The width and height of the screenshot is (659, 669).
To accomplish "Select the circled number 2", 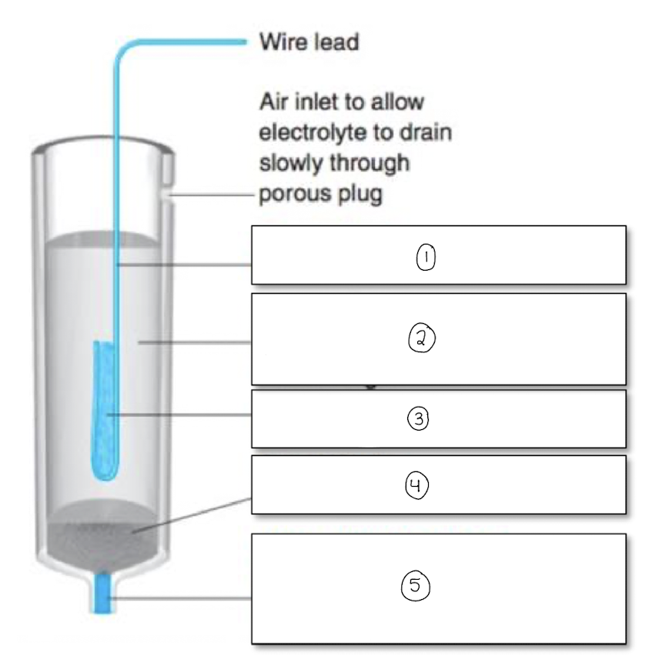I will click(422, 338).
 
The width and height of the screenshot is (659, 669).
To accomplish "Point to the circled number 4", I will click(416, 485).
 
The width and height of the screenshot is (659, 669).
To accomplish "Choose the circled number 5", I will click(414, 586).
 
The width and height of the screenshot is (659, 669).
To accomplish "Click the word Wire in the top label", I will click(283, 42).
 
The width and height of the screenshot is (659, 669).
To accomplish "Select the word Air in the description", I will click(275, 102).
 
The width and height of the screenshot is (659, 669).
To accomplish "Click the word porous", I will click(292, 195).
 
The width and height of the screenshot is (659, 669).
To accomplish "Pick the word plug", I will click(356, 195).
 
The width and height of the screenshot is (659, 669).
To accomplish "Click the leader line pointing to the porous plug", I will click(192, 514).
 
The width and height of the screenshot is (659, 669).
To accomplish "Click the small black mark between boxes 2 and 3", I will click(370, 388).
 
